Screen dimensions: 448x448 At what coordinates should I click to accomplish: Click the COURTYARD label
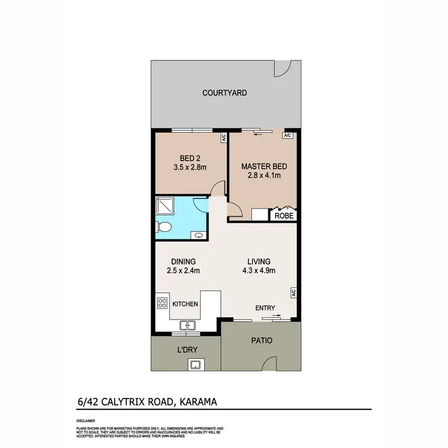point(224,93)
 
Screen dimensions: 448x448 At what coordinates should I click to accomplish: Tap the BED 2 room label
point(189,159)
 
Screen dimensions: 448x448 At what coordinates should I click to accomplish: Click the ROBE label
point(284,216)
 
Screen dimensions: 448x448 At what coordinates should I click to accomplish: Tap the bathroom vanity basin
point(198,235)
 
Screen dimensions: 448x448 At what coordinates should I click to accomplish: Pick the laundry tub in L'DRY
point(195,364)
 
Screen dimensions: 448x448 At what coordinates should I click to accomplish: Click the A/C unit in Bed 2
point(223,138)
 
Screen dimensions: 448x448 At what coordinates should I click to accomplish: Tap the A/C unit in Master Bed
point(287,136)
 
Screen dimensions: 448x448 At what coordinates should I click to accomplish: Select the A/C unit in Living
point(294,293)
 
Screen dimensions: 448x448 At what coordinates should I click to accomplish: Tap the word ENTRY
point(265,308)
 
